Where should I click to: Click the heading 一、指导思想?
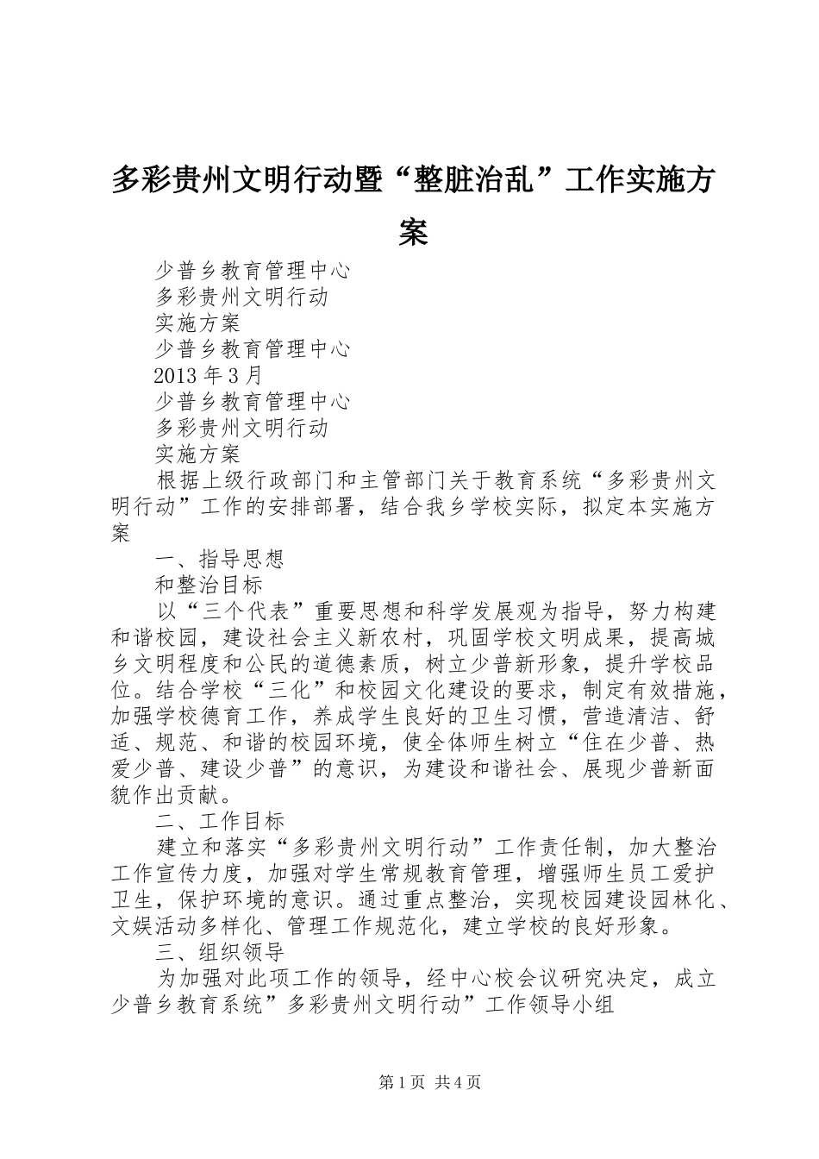[220, 558]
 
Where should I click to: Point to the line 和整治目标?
[209, 584]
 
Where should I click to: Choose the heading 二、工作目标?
[220, 819]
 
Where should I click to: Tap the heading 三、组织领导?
[220, 951]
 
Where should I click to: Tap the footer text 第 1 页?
[402, 1082]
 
